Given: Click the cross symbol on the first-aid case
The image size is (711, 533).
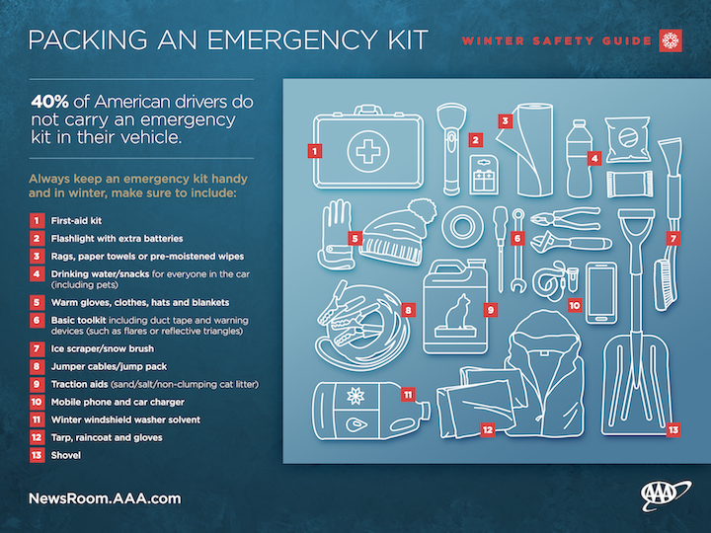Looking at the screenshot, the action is [367, 151].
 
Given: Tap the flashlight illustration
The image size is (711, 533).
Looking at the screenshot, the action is [451, 150].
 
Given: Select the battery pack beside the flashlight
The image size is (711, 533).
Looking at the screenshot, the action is [484, 175].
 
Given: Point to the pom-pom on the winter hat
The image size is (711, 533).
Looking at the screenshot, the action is [422, 211].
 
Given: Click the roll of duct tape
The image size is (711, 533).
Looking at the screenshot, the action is [462, 226].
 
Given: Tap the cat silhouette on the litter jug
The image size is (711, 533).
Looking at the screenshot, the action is [458, 312].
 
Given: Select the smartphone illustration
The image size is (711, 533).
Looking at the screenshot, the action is [601, 293].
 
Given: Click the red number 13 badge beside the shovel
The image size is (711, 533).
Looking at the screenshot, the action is [673, 429].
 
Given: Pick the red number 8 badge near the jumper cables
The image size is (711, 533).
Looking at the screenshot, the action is [408, 310].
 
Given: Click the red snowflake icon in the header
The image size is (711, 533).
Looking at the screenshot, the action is [671, 40].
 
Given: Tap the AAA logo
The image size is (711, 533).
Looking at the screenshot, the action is [666, 495].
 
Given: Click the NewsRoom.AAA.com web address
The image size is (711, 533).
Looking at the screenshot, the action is [105, 498].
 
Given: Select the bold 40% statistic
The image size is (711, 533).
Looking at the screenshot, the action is [50, 102].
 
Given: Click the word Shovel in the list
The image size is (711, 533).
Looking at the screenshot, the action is [66, 455].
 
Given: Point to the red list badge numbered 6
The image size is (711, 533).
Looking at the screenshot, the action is [37, 321].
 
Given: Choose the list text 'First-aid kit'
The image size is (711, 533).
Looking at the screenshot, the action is [76, 221].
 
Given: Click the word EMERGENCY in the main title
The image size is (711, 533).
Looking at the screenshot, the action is [291, 39].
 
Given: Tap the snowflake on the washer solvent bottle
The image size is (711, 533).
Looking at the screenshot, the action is [355, 396].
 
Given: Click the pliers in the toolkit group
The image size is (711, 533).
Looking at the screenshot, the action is [566, 218].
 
